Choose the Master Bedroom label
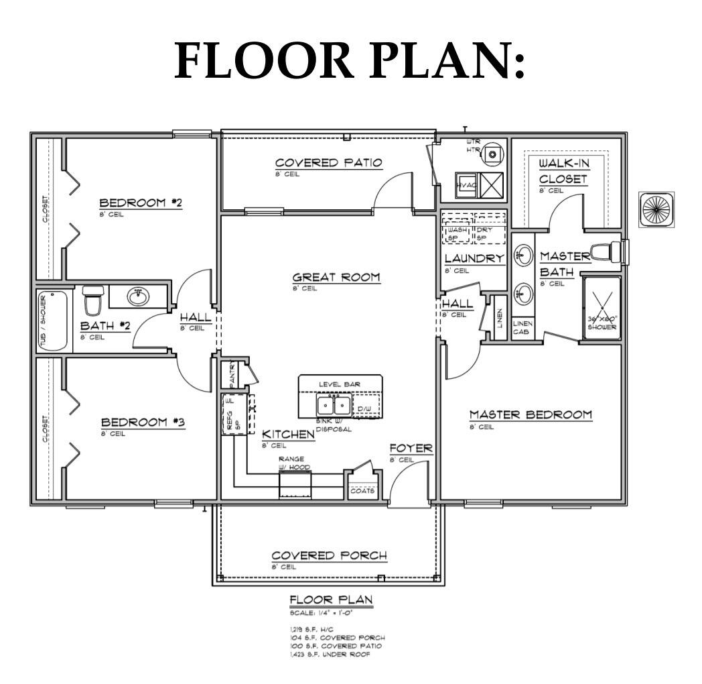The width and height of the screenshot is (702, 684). point(530,414)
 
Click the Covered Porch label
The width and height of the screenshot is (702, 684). point(329,556)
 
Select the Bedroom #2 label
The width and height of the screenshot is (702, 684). point(141,203)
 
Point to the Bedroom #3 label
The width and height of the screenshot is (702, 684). point(143,422)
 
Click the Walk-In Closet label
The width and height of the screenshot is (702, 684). point(563,171)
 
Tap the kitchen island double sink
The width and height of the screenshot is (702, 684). point(333,405)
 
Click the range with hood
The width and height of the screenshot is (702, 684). point(295,484)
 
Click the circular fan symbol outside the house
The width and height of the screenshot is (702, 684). point(656,209)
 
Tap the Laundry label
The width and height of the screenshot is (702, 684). point(474,259)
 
